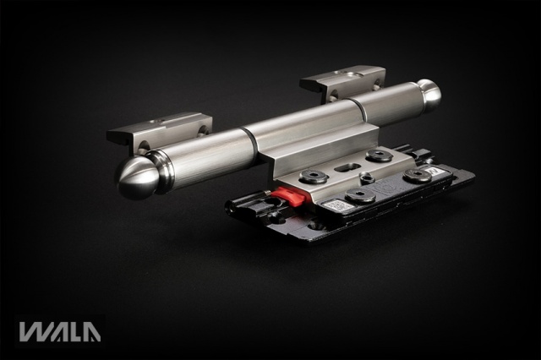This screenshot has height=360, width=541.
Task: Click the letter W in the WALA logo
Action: (x=35, y=332)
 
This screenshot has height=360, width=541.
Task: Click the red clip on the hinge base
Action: (x=289, y=196)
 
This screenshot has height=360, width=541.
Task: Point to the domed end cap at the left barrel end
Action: (x=136, y=177)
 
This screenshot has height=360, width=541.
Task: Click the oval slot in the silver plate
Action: (x=346, y=167)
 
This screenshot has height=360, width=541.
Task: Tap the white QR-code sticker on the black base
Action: (x=338, y=206)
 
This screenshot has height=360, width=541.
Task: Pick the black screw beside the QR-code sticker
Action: (x=361, y=195)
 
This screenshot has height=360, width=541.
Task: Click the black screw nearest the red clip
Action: (x=314, y=177)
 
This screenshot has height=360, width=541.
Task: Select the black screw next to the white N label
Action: (x=418, y=175)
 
